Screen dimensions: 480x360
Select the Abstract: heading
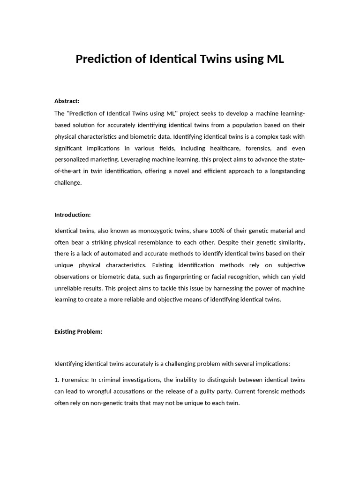click(67, 101)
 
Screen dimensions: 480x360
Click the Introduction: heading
click(73, 215)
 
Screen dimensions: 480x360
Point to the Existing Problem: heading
click(78, 331)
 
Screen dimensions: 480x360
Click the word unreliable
click(69, 288)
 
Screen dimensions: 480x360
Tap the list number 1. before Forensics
click(57, 380)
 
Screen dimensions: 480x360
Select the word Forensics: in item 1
click(75, 380)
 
